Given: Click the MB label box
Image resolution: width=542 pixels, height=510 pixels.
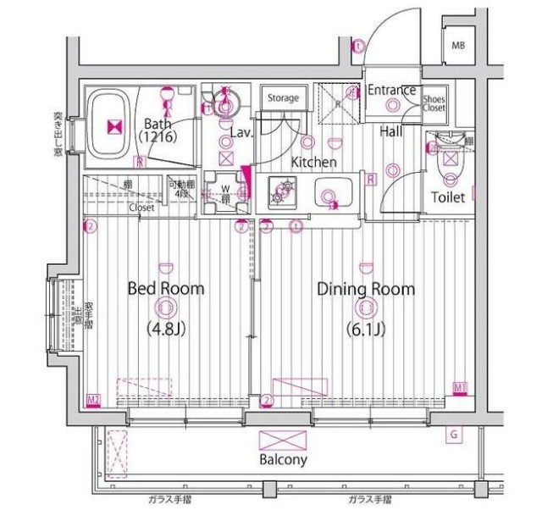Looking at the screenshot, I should [x=458, y=45].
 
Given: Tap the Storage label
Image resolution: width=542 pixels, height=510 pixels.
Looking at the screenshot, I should [x=283, y=98].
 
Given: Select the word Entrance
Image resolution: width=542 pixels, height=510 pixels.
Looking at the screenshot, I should [x=391, y=90].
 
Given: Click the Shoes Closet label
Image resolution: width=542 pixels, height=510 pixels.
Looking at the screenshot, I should [x=434, y=103].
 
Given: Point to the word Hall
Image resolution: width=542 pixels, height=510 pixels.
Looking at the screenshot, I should [x=390, y=131].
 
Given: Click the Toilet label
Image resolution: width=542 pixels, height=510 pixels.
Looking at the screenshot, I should [x=448, y=197].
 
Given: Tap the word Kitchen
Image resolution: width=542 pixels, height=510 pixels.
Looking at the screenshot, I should [x=314, y=162].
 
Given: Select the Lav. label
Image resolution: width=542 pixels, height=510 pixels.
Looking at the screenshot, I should [x=241, y=132].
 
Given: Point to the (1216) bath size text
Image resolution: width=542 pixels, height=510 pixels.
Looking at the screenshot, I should [x=158, y=137].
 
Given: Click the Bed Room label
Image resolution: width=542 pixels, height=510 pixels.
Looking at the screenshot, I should [x=165, y=289].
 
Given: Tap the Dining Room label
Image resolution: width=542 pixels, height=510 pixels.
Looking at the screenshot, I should [x=366, y=289].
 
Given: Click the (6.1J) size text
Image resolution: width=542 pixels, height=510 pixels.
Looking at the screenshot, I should [x=366, y=328].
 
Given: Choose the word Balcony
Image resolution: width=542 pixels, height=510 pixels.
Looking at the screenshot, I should [x=284, y=460].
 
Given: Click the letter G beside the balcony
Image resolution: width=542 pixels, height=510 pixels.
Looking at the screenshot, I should [x=455, y=435].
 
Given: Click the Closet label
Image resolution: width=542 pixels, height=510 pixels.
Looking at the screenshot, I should [x=141, y=206].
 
